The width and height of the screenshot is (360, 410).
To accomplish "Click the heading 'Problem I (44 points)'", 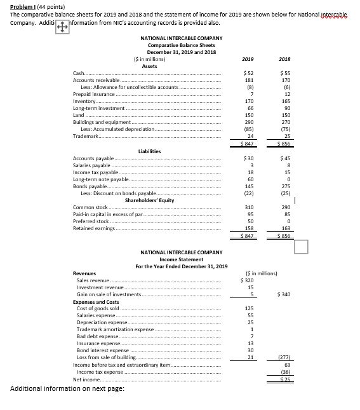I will (x=34, y=5).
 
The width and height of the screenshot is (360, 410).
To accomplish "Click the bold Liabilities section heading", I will (x=149, y=151).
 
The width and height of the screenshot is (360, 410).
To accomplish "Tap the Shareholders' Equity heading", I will (x=151, y=200).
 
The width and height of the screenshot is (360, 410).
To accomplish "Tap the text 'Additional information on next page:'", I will (x=68, y=388).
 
